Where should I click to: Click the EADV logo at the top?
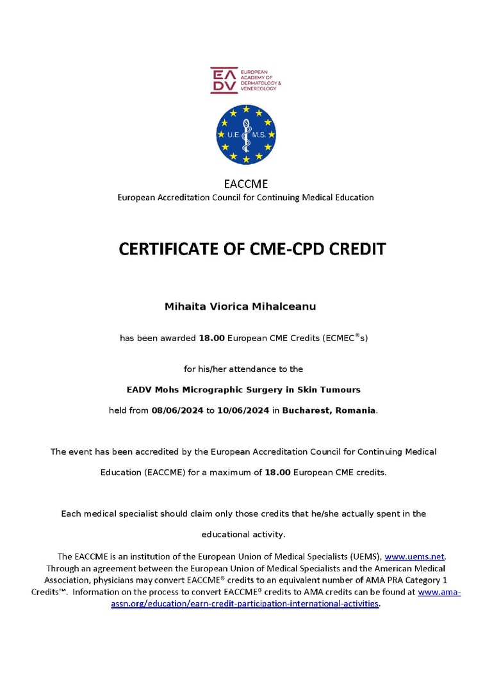click(245, 80)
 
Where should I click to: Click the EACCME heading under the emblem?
click(246, 184)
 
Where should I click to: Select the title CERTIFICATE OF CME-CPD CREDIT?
click(252, 249)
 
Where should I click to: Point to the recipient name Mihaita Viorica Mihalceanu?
click(240, 307)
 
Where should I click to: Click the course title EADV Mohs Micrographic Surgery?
click(243, 389)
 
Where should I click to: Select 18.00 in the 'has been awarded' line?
click(211, 338)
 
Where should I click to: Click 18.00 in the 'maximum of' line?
click(278, 473)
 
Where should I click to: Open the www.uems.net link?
click(414, 557)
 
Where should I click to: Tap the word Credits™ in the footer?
click(49, 592)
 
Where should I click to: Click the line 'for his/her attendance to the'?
click(243, 369)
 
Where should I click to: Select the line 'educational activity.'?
click(243, 534)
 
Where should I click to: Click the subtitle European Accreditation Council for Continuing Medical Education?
click(245, 197)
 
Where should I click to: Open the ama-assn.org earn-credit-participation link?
click(245, 604)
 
